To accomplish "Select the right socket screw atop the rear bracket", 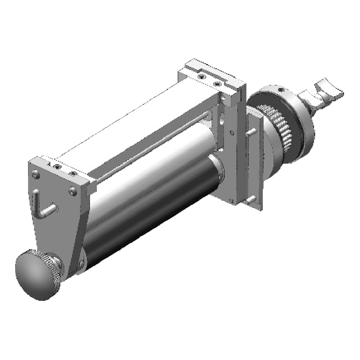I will pos(217,84).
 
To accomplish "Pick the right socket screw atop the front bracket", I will pos(73,174).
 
